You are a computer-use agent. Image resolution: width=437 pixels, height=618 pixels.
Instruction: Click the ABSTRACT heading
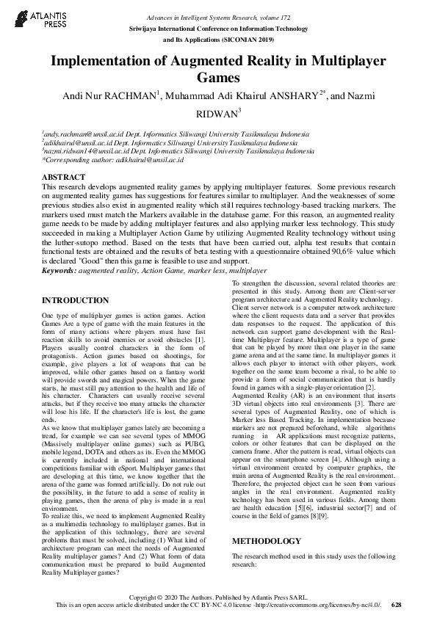click(x=64, y=178)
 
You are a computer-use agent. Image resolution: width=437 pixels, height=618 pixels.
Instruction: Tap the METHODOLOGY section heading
click(x=266, y=541)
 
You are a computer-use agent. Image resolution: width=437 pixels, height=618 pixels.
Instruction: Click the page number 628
click(x=397, y=605)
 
